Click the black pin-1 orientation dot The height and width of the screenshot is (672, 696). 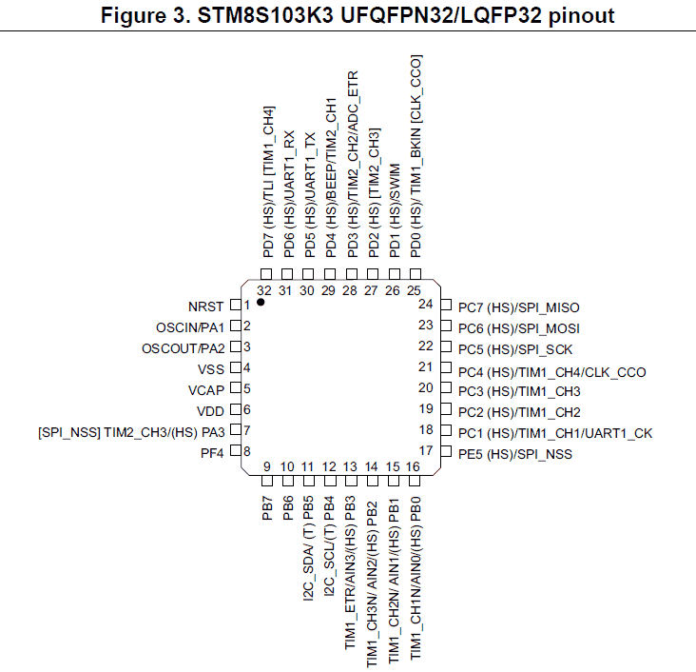pos(261,303)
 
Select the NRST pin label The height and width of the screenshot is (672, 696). pos(205,306)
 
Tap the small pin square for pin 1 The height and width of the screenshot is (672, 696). pos(236,306)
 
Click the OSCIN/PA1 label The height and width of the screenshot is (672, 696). pos(190,327)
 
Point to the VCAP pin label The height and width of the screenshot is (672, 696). pos(206,390)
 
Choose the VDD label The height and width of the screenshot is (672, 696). pos(210,411)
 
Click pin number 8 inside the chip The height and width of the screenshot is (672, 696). pos(247,451)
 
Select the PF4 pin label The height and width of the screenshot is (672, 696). pos(212,453)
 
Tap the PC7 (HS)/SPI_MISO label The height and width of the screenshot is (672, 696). pos(519,307)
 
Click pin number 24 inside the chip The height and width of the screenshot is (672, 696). pos(425,304)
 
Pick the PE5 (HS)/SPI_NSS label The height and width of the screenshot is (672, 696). pos(515,454)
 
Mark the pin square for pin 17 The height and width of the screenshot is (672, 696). pos(446,452)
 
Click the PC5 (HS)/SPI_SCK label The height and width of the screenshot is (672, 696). pos(515,349)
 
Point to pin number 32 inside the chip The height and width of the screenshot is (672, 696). pos(264,290)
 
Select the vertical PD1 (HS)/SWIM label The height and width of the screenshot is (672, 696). pos(395,210)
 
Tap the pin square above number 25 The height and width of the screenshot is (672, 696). pos(416,274)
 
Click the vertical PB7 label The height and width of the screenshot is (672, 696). pos(267,508)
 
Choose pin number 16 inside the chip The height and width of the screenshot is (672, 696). pos(413,466)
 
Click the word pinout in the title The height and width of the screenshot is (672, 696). pos(582,15)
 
